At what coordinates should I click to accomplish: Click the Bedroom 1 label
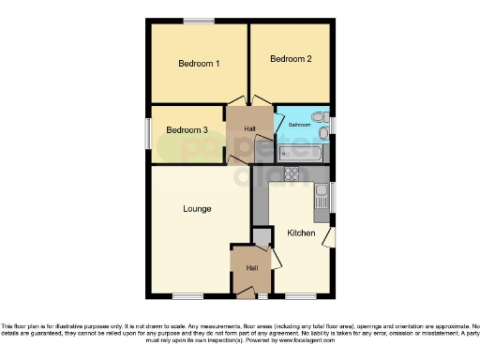[x=199, y=65]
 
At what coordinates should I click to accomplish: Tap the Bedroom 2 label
[x=290, y=59]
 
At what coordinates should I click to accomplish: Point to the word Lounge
[x=197, y=208]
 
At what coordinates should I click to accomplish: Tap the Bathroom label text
[x=299, y=125]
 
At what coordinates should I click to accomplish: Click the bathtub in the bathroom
[x=301, y=152]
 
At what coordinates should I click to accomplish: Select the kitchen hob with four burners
[x=292, y=172]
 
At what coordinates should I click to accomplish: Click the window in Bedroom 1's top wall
[x=198, y=21]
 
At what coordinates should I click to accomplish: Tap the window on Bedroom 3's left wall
[x=149, y=132]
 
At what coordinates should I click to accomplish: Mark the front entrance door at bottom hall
[x=246, y=293]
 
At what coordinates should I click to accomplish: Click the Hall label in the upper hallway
[x=249, y=128]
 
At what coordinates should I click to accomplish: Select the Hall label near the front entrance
[x=252, y=268]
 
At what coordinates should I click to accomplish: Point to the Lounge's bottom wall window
[x=187, y=297]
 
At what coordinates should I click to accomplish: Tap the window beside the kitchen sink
[x=333, y=198]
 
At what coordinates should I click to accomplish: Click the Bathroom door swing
[x=279, y=123]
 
